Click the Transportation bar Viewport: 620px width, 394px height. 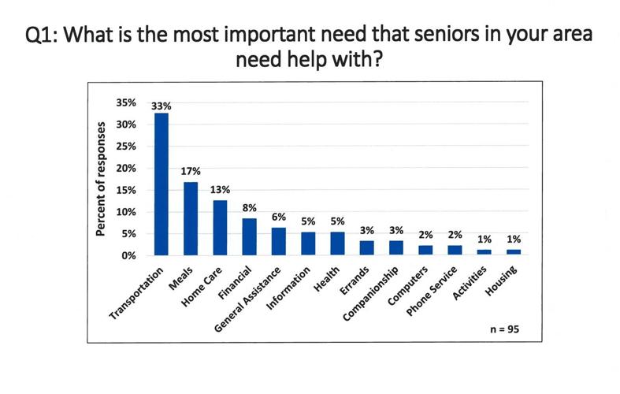[161, 184]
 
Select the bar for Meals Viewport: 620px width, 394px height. [191, 218]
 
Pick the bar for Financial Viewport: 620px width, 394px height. [249, 236]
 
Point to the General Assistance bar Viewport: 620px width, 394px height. [278, 241]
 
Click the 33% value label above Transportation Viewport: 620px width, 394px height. [162, 104]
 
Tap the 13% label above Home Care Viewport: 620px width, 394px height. [221, 189]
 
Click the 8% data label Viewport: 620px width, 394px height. [250, 208]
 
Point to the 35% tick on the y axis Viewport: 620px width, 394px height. [127, 103]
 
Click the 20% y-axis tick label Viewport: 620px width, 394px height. [127, 169]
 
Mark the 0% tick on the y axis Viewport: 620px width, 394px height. [129, 256]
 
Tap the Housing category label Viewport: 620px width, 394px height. [502, 283]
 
